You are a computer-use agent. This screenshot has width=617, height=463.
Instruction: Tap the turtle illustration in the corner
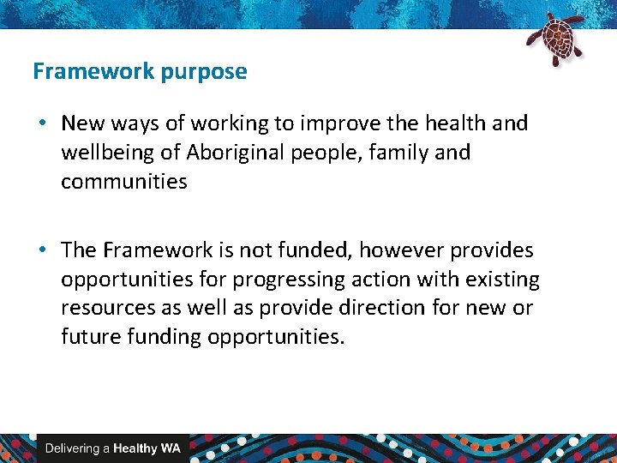click(554, 39)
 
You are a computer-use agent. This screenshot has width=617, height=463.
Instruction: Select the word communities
click(123, 182)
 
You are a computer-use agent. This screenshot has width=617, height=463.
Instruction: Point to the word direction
click(392, 308)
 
